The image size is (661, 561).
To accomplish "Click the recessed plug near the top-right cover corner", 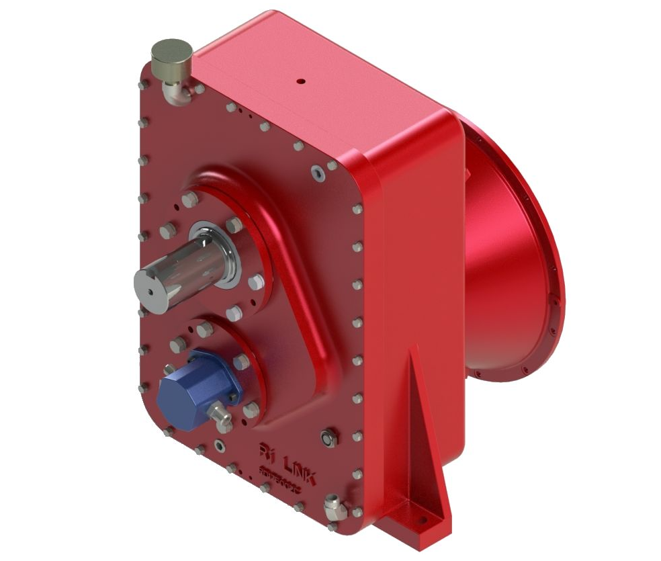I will [x=319, y=173].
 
